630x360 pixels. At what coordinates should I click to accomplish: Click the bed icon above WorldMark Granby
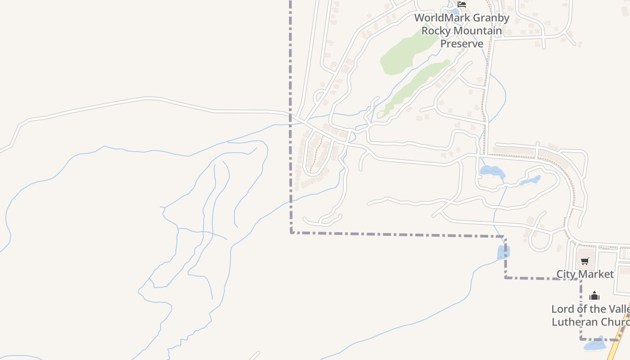[462, 4]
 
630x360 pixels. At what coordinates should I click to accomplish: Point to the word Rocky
[436, 31]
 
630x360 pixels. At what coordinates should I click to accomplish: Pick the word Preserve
[462, 44]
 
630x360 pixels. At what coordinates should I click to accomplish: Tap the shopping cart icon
[585, 261]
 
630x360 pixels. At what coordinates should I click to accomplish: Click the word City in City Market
[567, 274]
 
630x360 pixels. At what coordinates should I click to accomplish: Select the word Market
[596, 274]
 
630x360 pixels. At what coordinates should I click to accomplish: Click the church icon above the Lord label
[594, 296]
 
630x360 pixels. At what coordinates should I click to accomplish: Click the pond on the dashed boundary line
[503, 252]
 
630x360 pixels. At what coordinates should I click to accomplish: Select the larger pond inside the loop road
[492, 171]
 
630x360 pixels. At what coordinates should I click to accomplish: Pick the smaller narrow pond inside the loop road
[531, 180]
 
